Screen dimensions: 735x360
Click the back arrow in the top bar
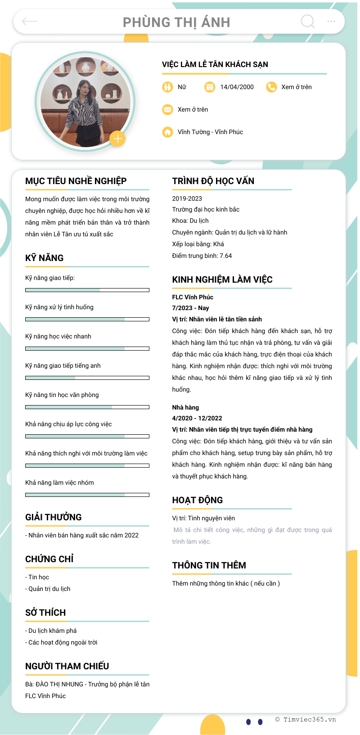(30, 21)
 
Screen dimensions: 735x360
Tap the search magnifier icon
(308, 21)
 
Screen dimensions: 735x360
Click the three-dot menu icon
(331, 21)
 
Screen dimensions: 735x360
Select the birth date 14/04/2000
(237, 87)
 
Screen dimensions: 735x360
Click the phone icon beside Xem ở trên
(271, 87)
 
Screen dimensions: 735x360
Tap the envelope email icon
(167, 109)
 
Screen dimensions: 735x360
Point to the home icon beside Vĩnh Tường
(167, 132)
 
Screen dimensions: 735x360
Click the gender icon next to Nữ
(167, 87)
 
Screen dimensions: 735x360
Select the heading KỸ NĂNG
(45, 258)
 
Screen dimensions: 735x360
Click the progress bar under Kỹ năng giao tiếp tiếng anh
(87, 378)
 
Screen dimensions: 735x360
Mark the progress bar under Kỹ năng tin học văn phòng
(87, 407)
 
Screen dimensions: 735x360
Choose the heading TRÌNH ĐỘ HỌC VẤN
(213, 181)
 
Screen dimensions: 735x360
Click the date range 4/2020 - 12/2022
(197, 418)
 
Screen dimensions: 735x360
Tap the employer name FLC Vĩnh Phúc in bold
(193, 297)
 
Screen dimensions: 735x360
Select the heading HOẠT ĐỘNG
(198, 500)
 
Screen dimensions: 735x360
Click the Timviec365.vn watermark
(306, 719)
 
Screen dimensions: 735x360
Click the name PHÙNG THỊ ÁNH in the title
(176, 22)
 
